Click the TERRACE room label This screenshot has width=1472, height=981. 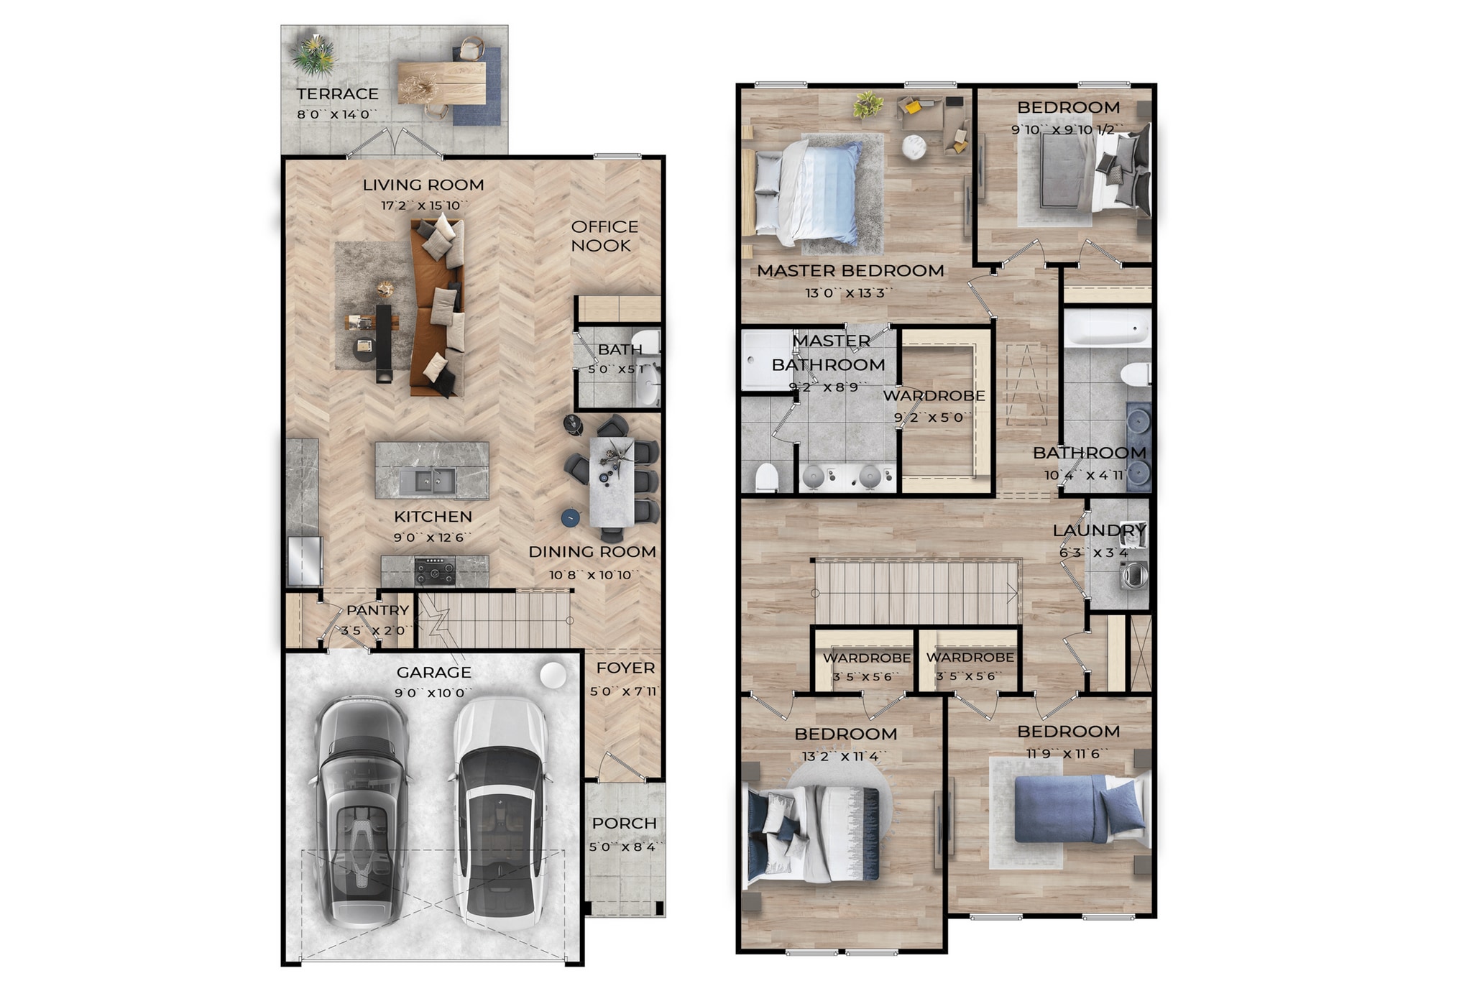click(x=337, y=94)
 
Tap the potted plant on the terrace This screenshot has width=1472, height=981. click(x=313, y=55)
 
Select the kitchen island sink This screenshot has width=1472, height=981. click(x=427, y=481)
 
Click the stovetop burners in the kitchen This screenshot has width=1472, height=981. click(x=435, y=572)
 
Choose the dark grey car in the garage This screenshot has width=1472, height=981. click(x=362, y=812)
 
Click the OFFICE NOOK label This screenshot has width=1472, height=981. click(x=604, y=236)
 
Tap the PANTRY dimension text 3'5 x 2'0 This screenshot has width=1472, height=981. click(x=374, y=630)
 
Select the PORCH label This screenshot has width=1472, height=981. click(x=624, y=824)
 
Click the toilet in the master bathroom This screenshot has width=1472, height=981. click(x=767, y=477)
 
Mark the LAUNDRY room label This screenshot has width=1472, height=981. click(x=1098, y=531)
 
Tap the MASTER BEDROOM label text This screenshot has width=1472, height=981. click(x=850, y=271)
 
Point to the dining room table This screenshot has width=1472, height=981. click(x=612, y=482)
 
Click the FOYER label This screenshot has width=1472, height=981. click(x=625, y=668)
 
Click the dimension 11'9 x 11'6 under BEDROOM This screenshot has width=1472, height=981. click(x=1067, y=754)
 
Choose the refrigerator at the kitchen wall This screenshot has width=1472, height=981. click(x=304, y=561)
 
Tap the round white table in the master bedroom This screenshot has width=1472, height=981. click(x=914, y=147)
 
